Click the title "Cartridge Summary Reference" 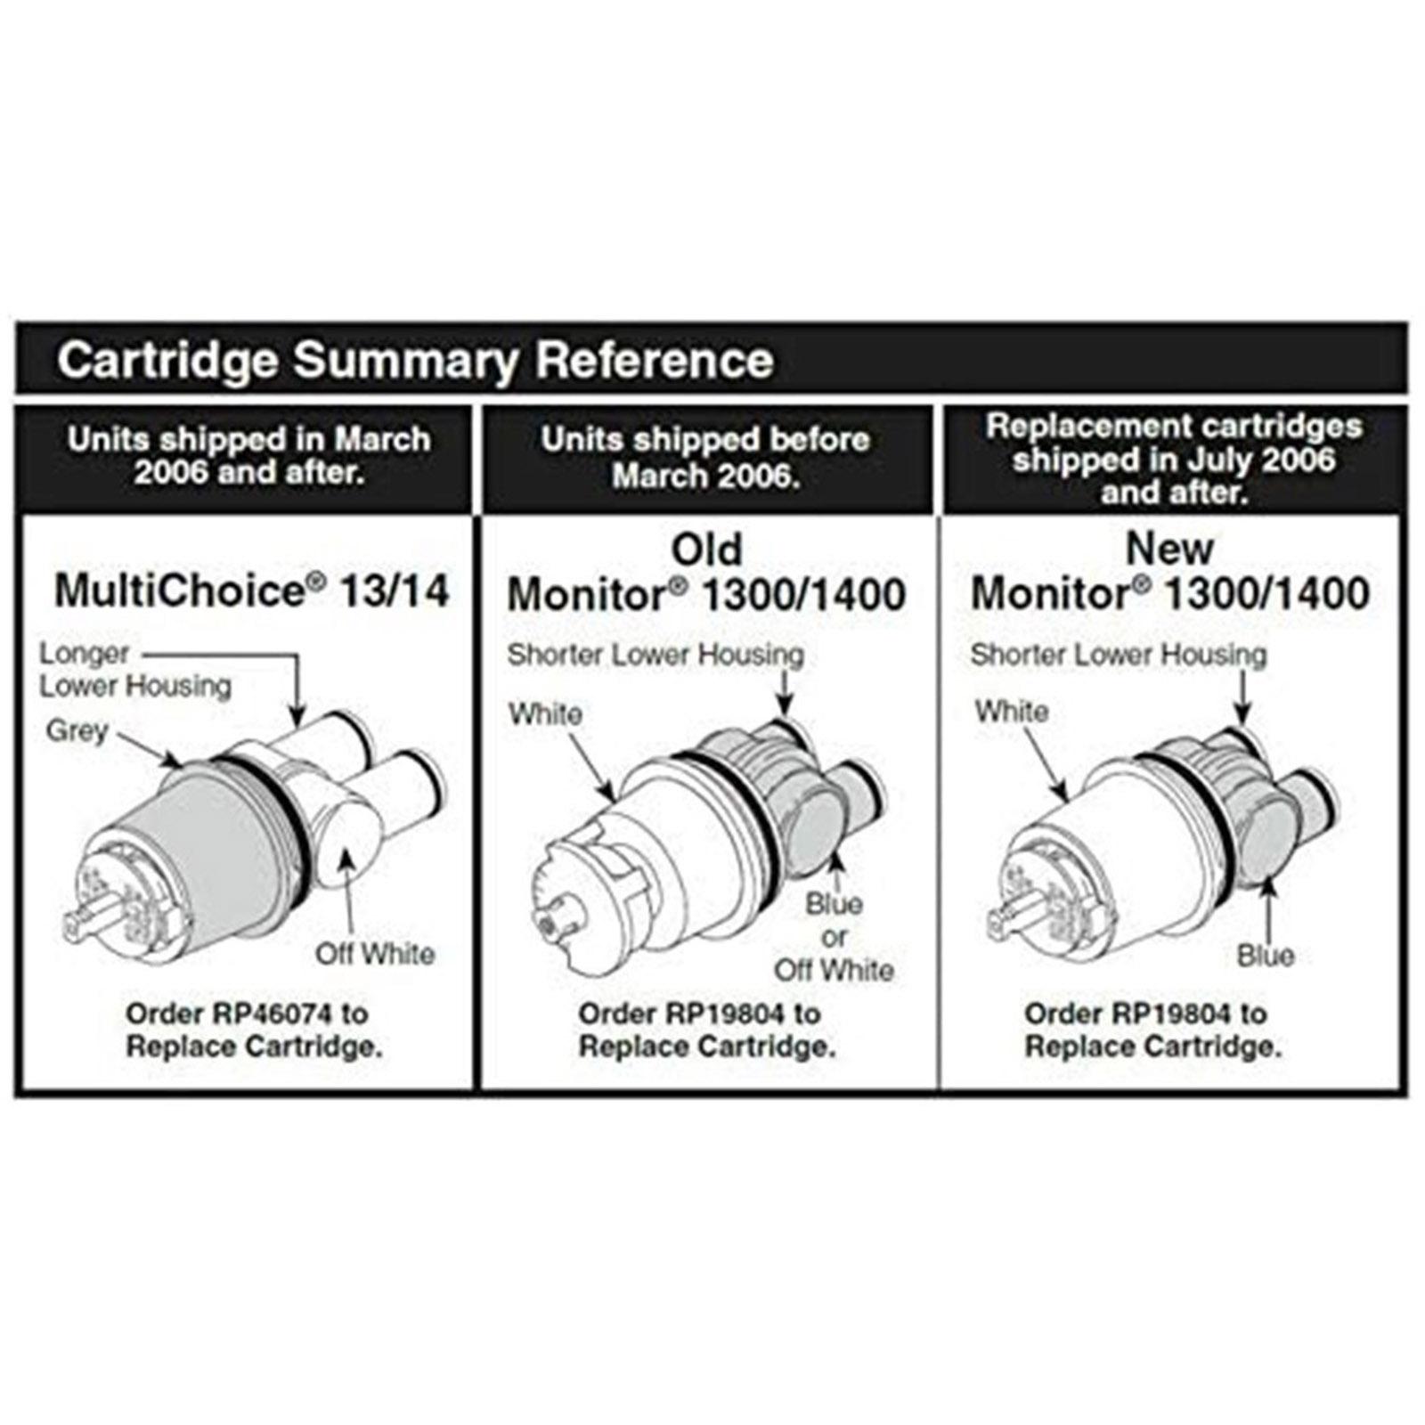coord(415,360)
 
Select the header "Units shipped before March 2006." coord(705,457)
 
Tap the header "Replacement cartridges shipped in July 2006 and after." coord(1174,459)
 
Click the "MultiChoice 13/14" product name coord(252,590)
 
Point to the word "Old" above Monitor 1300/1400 coord(705,550)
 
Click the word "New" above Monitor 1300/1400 coord(1169,549)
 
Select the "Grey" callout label coord(77,730)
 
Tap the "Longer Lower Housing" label coord(134,670)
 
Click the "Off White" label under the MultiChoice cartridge coord(375,954)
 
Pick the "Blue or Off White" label coord(834,937)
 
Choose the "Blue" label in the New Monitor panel coord(1265,956)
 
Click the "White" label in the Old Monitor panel coord(545,713)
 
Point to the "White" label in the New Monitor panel coord(1011,712)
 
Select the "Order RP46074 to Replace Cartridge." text coord(254,1030)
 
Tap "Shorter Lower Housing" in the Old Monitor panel coord(655,655)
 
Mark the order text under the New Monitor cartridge coord(1152,1030)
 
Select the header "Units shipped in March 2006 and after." coord(249,455)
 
